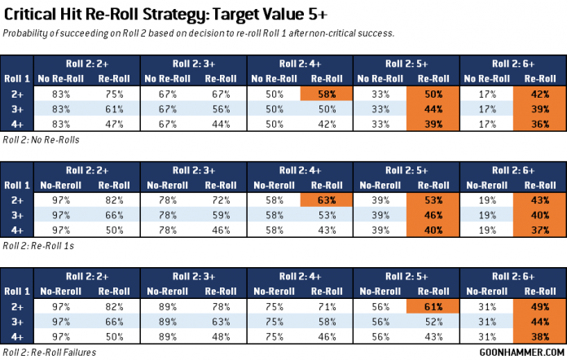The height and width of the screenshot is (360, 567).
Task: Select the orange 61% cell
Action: click(433, 305)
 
